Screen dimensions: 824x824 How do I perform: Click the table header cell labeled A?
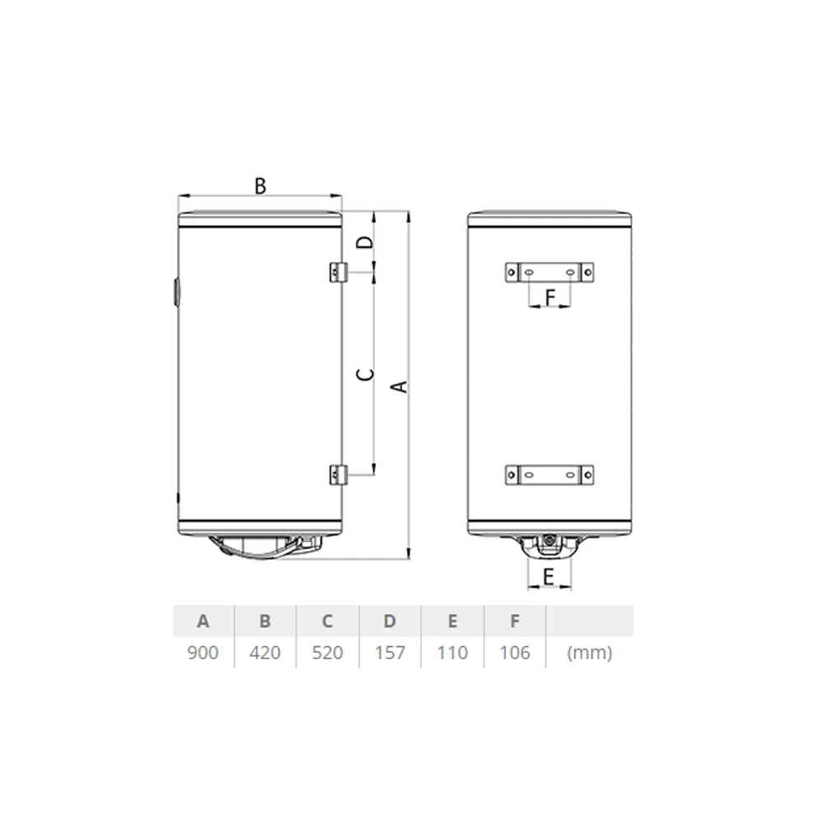[x=203, y=621]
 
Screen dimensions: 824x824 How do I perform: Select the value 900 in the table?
[x=203, y=653]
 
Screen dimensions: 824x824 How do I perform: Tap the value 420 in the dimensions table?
[x=265, y=653]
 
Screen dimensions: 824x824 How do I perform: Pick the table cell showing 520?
[x=327, y=653]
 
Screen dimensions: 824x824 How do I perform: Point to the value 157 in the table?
[x=390, y=653]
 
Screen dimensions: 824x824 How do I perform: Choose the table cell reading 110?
[x=452, y=653]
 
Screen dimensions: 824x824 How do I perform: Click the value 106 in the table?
[x=515, y=653]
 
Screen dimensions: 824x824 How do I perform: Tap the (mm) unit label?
[x=590, y=653]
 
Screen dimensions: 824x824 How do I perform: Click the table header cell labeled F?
[x=515, y=621]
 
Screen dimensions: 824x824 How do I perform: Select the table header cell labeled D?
[x=390, y=621]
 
